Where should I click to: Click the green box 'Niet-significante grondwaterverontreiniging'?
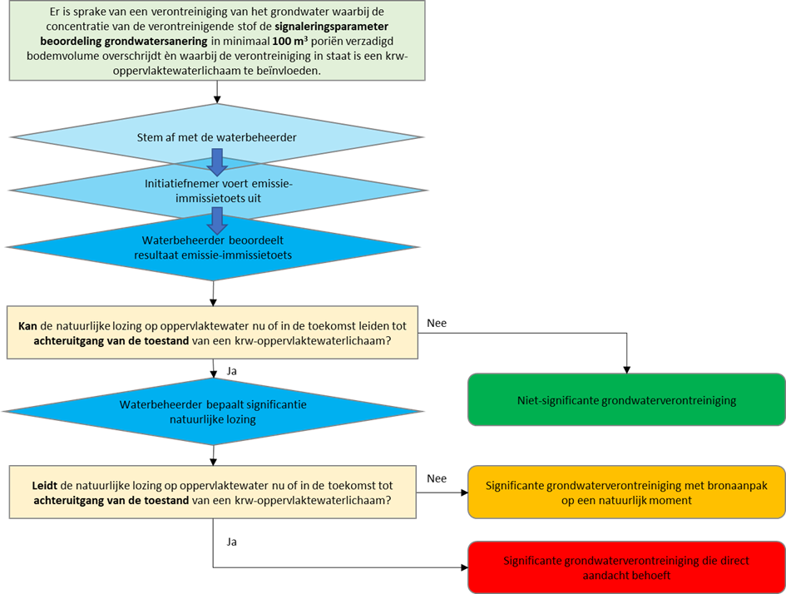pyautogui.click(x=626, y=400)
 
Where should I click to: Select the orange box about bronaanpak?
pyautogui.click(x=626, y=493)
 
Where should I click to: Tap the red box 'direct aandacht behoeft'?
pyautogui.click(x=626, y=568)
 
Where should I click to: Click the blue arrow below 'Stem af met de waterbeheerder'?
pyautogui.click(x=217, y=161)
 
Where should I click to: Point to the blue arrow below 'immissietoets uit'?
pyautogui.click(x=217, y=220)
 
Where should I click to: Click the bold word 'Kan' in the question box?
pyautogui.click(x=27, y=325)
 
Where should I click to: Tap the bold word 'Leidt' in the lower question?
pyautogui.click(x=32, y=484)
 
